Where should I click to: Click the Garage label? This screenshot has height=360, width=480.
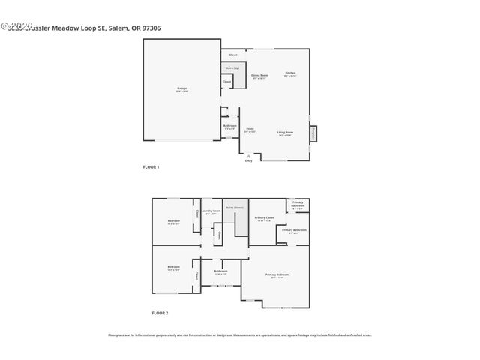(182, 89)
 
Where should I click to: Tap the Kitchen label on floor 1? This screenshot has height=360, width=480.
(289, 73)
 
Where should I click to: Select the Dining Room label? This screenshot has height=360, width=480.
(259, 76)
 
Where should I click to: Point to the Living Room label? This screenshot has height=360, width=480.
(285, 133)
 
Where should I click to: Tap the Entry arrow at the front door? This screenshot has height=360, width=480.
(248, 157)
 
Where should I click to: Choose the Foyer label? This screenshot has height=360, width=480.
(250, 130)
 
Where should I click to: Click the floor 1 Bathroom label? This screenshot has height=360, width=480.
(230, 127)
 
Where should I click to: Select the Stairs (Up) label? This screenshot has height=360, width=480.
(232, 68)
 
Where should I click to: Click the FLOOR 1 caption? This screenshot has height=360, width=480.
(151, 166)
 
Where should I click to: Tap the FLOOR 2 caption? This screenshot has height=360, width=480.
(160, 312)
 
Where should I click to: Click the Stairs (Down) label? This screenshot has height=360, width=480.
(234, 208)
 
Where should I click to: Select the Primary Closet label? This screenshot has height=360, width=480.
(265, 218)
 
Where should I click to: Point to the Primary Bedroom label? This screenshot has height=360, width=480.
(277, 275)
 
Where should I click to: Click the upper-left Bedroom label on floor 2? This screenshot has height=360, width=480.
(173, 221)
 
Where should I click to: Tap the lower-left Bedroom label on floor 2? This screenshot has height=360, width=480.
(173, 268)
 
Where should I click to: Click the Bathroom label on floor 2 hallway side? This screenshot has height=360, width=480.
(220, 271)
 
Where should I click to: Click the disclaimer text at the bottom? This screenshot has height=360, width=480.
(240, 335)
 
